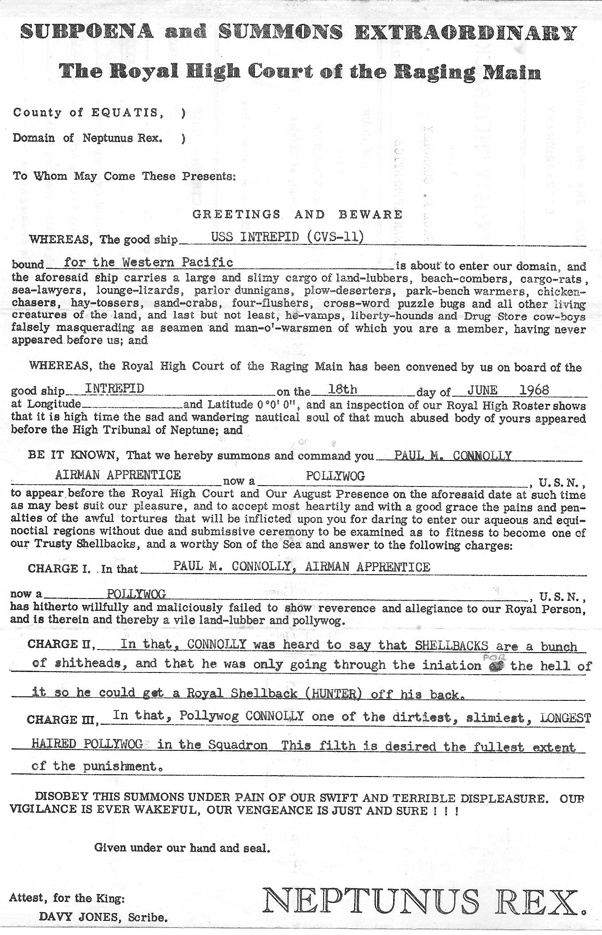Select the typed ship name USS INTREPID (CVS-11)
coord(288,237)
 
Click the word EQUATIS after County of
coord(124,112)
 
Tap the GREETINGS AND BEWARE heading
coord(297,215)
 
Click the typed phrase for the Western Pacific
coord(148,262)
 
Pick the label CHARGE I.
coord(59,568)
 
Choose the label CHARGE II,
coord(62,644)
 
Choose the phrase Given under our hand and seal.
coord(182,848)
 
